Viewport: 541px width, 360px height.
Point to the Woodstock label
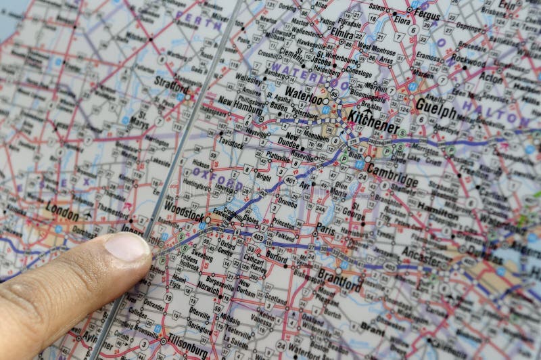(184, 210)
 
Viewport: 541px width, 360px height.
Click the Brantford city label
(339, 279)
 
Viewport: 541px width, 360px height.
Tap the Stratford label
(172, 87)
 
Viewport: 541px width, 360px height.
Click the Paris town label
(325, 229)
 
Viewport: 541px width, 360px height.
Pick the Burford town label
(277, 257)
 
